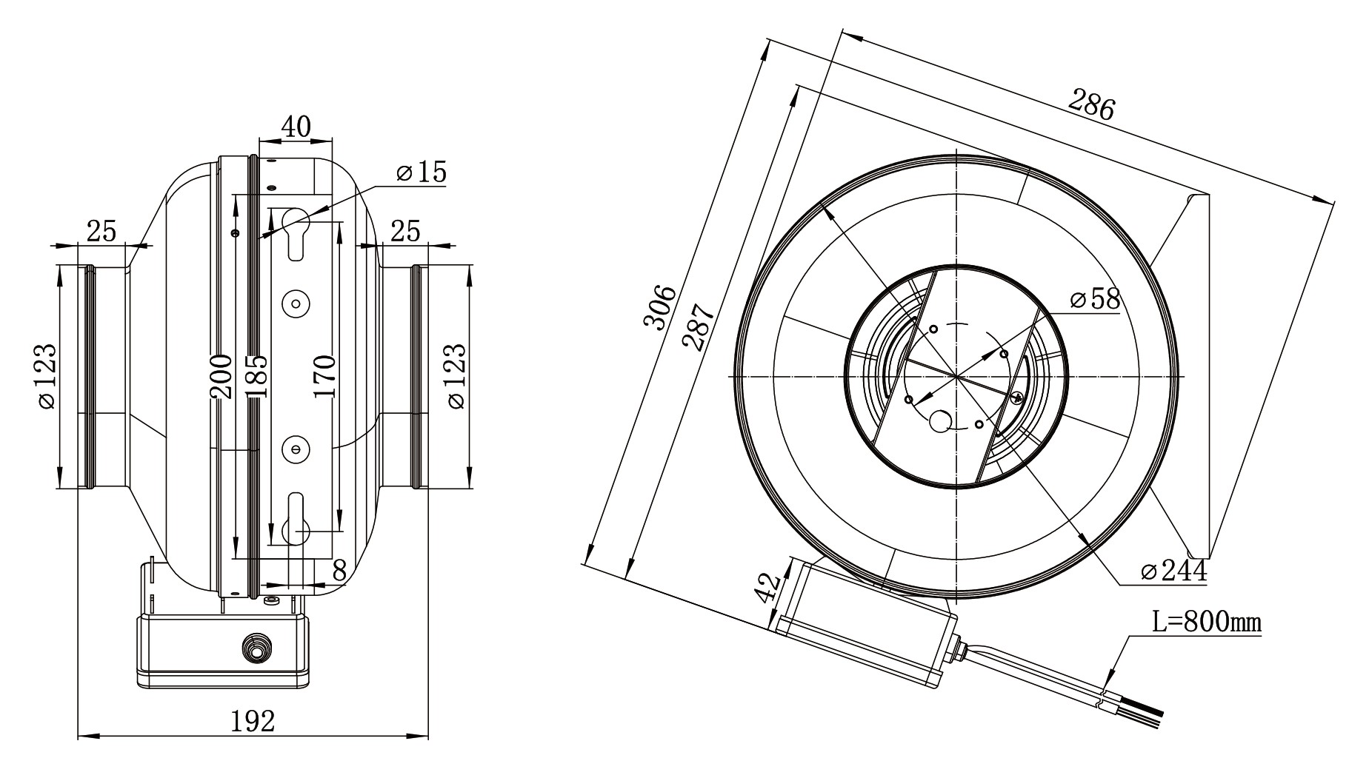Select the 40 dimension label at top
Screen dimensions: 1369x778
tap(296, 127)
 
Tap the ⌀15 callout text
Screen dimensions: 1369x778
tap(422, 172)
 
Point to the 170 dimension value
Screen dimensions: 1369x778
tap(324, 376)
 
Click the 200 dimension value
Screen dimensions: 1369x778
tap(221, 376)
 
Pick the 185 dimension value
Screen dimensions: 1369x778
tap(256, 376)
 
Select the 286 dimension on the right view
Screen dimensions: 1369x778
tap(1090, 104)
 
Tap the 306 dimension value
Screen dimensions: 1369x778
tap(659, 306)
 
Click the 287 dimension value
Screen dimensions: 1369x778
tap(699, 326)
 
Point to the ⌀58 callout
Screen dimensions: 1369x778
tap(1095, 299)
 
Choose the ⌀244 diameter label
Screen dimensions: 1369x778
tap(1174, 571)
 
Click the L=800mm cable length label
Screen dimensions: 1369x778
tap(1207, 623)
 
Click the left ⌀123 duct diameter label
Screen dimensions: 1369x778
tap(45, 376)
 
